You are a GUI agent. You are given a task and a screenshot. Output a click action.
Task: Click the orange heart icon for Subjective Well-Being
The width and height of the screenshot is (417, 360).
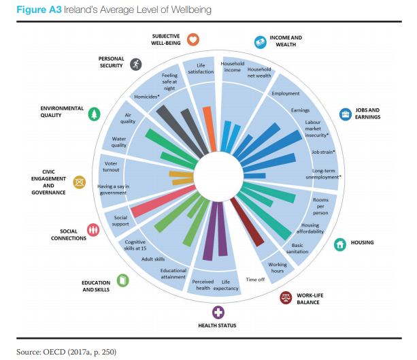click(194, 39)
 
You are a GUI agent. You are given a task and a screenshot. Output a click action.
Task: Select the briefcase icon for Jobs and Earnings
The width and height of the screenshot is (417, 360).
click(346, 113)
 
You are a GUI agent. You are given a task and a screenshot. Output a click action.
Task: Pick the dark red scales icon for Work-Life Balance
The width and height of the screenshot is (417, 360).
click(285, 297)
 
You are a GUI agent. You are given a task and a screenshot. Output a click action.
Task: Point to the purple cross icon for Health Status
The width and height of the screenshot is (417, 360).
click(218, 312)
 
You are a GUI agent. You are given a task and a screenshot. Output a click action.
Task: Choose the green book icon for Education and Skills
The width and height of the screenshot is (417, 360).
click(122, 280)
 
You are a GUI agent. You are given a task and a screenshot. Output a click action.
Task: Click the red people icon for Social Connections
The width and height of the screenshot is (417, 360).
click(93, 230)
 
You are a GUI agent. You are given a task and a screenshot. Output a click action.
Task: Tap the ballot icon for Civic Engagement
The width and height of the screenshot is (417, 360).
click(80, 182)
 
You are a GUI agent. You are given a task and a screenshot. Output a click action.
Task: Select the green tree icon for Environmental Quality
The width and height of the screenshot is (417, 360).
click(94, 114)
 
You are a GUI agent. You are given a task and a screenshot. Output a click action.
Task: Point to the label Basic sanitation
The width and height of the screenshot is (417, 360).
click(298, 248)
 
